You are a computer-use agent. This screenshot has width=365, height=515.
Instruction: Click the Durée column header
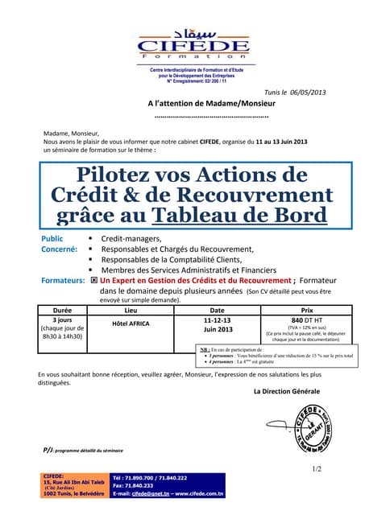(x=62, y=310)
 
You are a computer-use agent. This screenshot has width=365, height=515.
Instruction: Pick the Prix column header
(x=306, y=310)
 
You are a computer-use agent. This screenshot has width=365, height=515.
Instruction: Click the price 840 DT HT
(x=305, y=319)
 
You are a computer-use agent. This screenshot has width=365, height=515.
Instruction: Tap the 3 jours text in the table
(x=62, y=319)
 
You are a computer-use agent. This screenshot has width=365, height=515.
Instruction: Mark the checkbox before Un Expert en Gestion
(x=93, y=281)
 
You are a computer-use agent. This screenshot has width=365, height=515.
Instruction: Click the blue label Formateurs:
(x=63, y=281)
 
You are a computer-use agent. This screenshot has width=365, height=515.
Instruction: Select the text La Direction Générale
(x=286, y=391)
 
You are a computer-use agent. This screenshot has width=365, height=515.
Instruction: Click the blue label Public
(x=52, y=239)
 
